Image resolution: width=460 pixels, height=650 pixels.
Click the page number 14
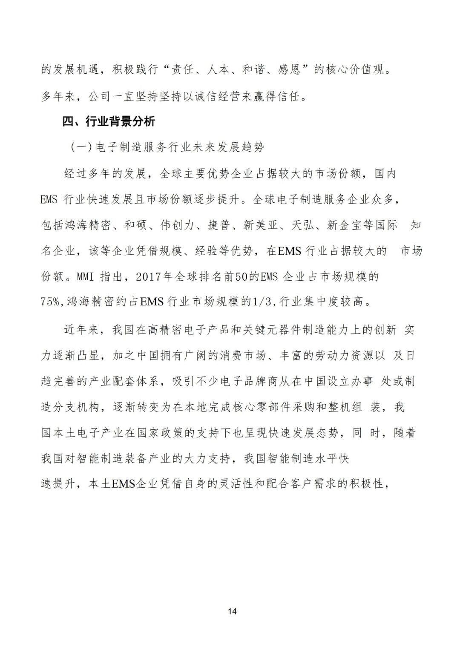(232, 612)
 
